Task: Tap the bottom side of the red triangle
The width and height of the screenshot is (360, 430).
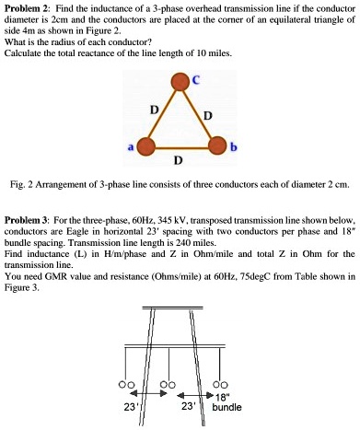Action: point(176,147)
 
